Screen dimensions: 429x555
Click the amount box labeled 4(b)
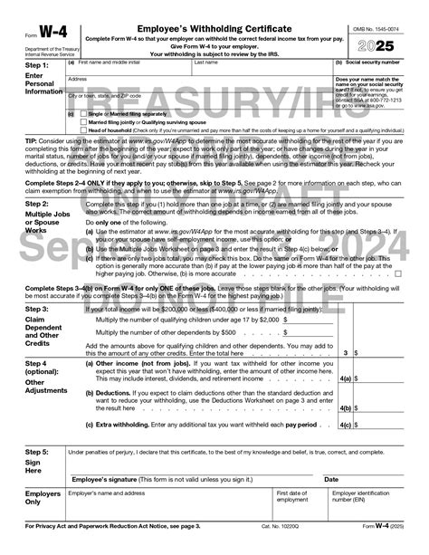pyautogui.click(x=384, y=407)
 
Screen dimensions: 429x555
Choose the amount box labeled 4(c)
pyautogui.click(x=384, y=424)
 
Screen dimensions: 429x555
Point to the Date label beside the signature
pyautogui.click(x=331, y=479)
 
